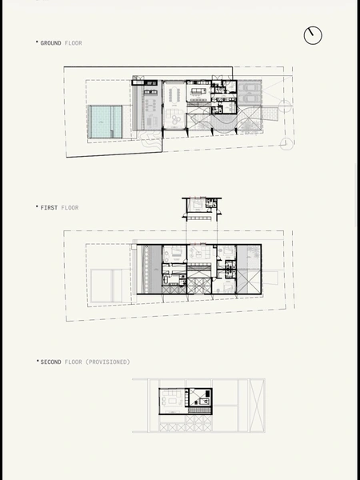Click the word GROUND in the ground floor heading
tap(51, 43)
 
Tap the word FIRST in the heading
tap(49, 207)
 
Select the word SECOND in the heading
tap(51, 362)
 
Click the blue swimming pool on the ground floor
tap(105, 122)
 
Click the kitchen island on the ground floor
tap(199, 90)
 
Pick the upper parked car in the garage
tap(250, 87)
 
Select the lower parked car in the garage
tap(250, 98)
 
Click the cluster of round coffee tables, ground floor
tap(175, 119)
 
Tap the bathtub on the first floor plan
tap(167, 279)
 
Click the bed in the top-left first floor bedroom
tap(176, 253)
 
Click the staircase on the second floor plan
tap(200, 410)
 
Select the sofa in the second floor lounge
tap(171, 393)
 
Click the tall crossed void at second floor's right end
tap(257, 406)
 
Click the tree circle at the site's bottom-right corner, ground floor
tap(286, 143)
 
